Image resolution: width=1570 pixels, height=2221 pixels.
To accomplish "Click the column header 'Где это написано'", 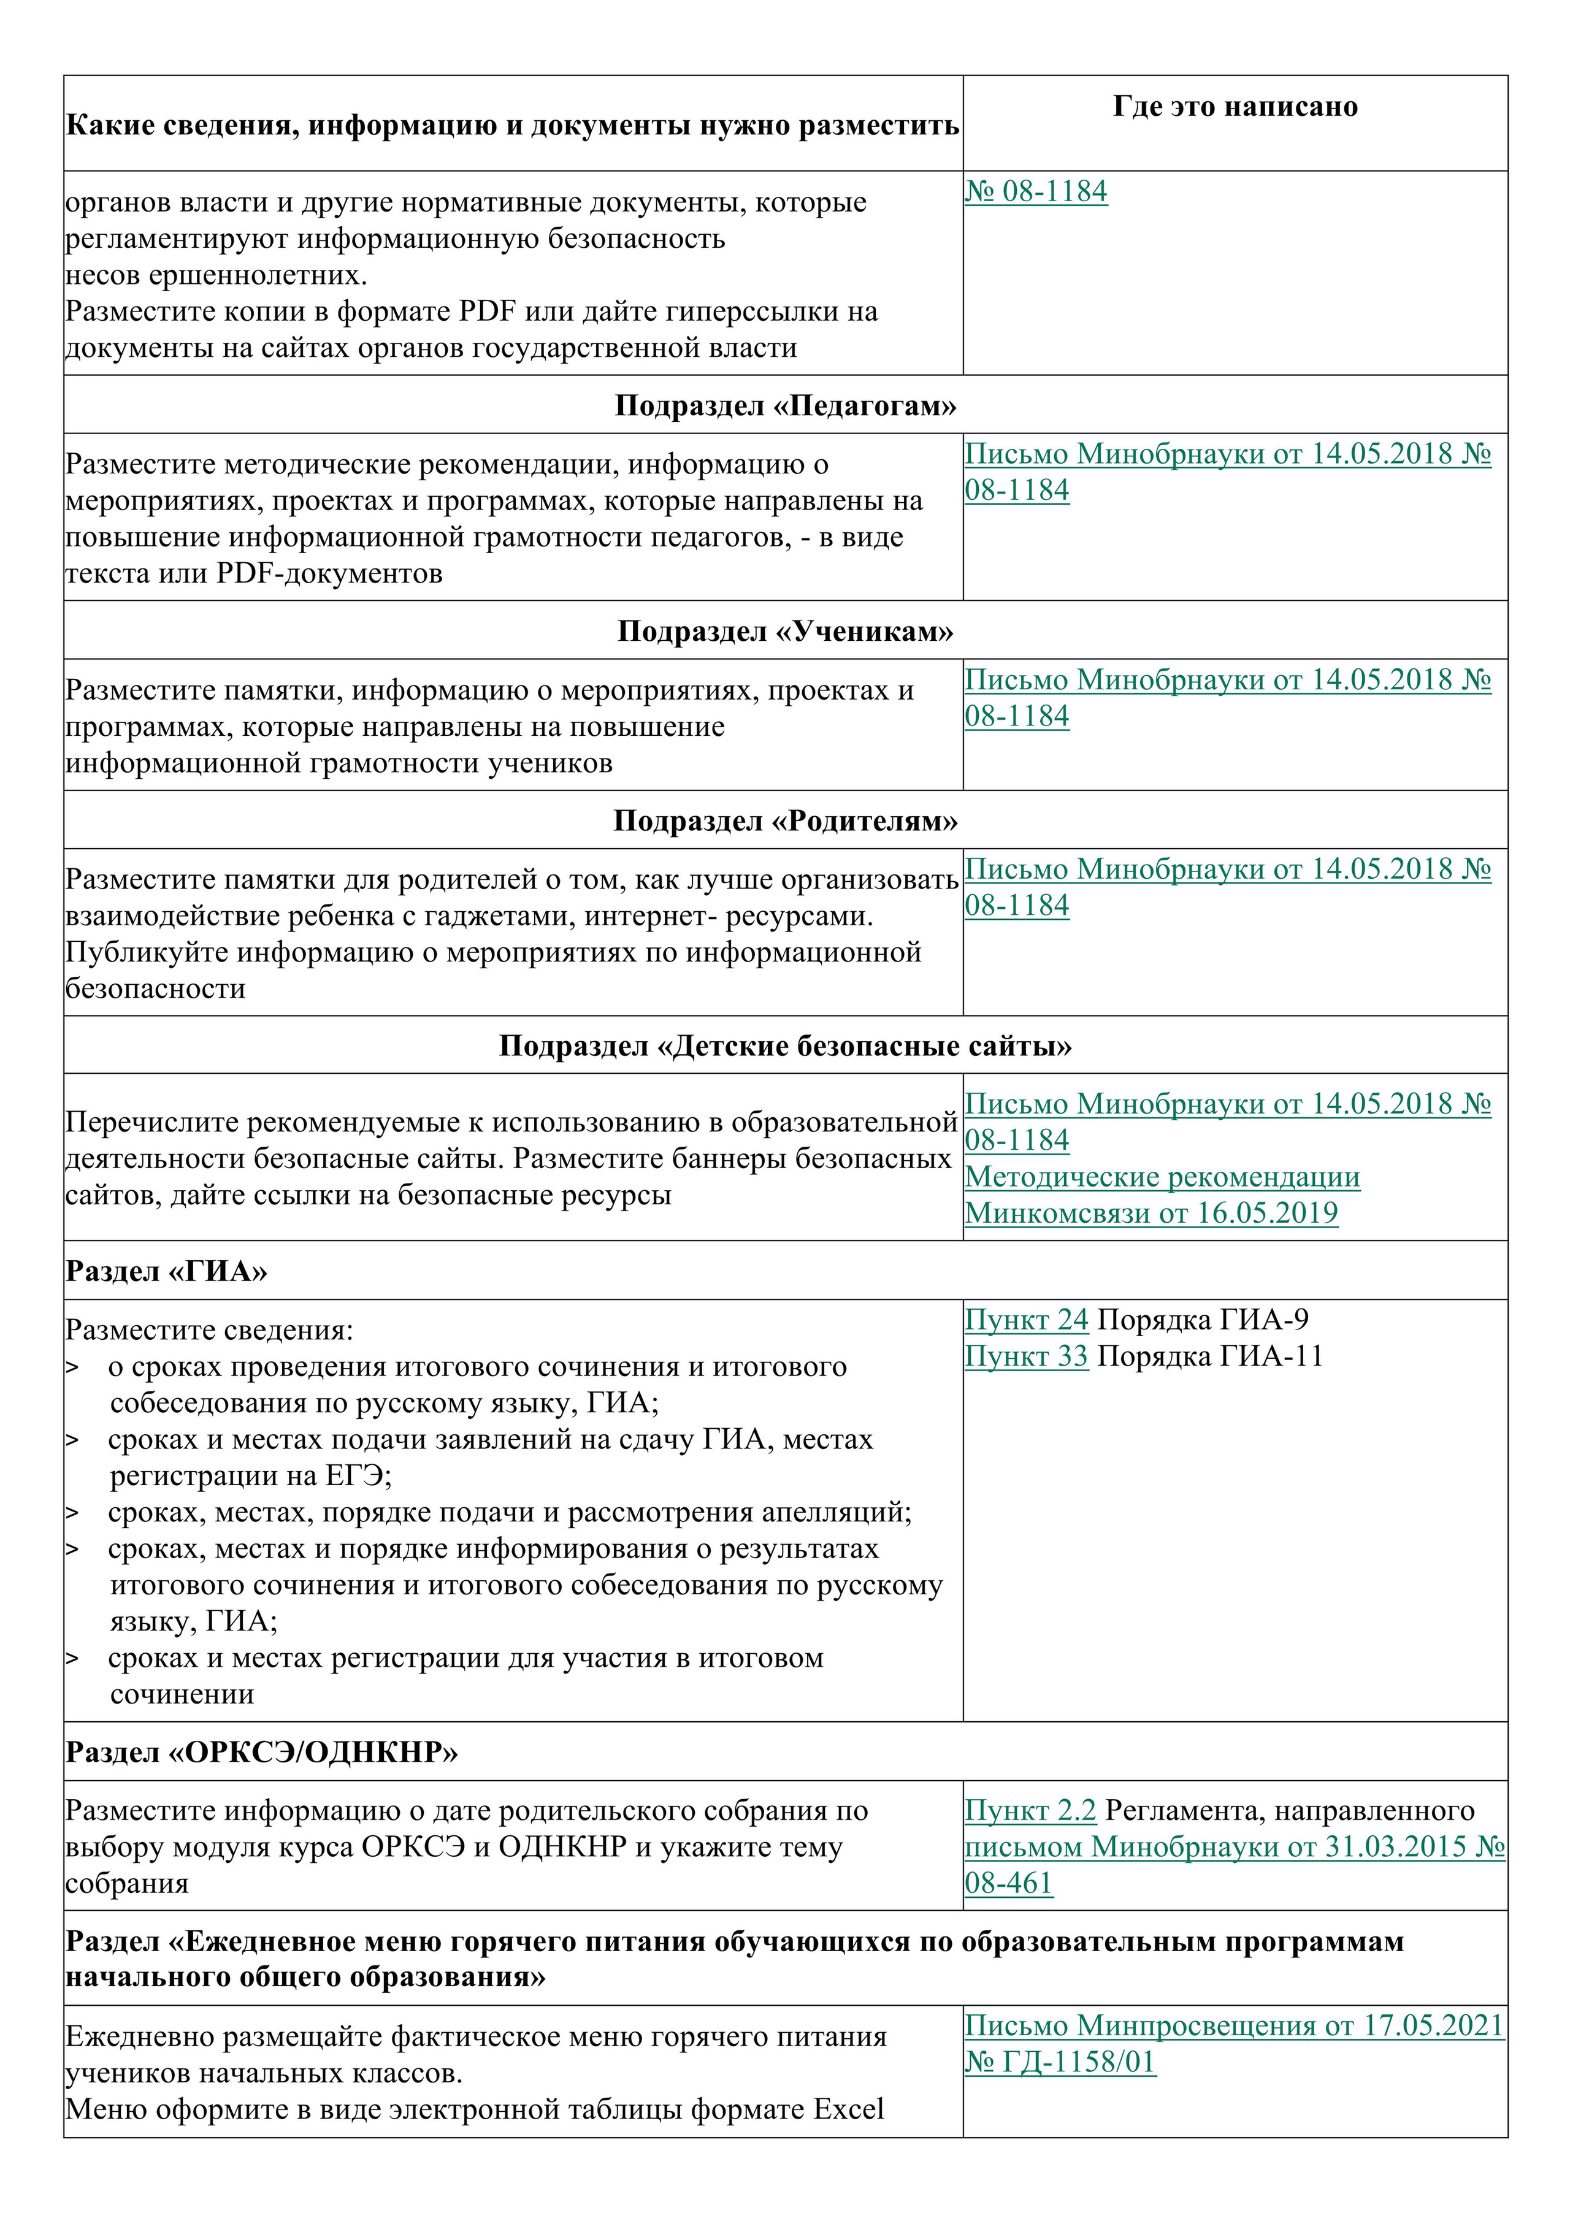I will pyautogui.click(x=1235, y=107).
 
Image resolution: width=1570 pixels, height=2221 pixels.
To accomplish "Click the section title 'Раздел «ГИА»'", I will pyautogui.click(x=166, y=1271).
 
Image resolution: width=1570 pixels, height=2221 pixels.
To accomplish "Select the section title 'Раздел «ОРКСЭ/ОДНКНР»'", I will pyautogui.click(x=261, y=1752).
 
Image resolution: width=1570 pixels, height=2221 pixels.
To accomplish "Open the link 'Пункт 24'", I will pyautogui.click(x=1027, y=1320).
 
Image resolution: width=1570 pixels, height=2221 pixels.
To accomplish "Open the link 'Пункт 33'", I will pyautogui.click(x=1027, y=1356).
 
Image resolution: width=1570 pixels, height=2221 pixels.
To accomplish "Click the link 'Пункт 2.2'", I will pyautogui.click(x=1030, y=1810).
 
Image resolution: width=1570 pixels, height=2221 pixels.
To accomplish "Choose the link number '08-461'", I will pyautogui.click(x=1008, y=1883).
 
